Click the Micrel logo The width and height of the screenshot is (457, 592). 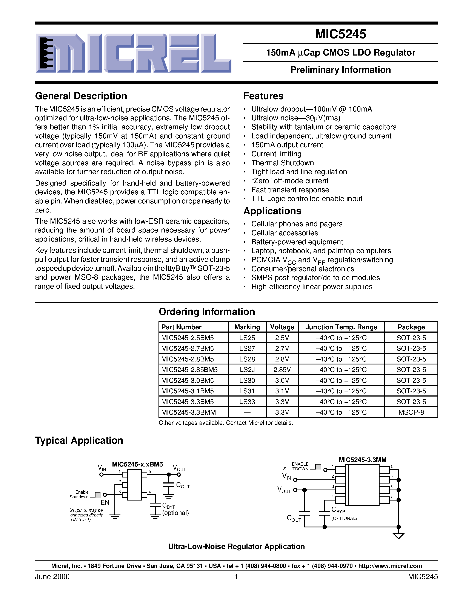tap(134, 53)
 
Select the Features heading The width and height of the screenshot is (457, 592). tap(263, 96)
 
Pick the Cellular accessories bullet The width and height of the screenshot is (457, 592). tap(284, 233)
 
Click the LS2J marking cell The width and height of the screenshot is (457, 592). tap(247, 369)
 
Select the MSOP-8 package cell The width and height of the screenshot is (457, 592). tap(411, 412)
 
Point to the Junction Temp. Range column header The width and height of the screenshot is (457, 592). tap(341, 327)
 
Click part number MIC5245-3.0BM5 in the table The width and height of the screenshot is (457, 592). tap(187, 380)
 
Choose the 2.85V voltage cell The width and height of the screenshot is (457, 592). tap(282, 369)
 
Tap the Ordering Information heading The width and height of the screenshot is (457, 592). tap(207, 312)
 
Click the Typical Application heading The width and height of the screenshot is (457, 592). tap(79, 440)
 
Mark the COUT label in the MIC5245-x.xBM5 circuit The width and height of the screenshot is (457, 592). tap(183, 485)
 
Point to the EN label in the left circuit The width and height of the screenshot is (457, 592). tap(105, 502)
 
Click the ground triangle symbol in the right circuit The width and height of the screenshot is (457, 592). tap(398, 536)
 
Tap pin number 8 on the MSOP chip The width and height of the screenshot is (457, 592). tap(392, 466)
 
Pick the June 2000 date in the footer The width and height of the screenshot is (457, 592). tap(52, 577)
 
